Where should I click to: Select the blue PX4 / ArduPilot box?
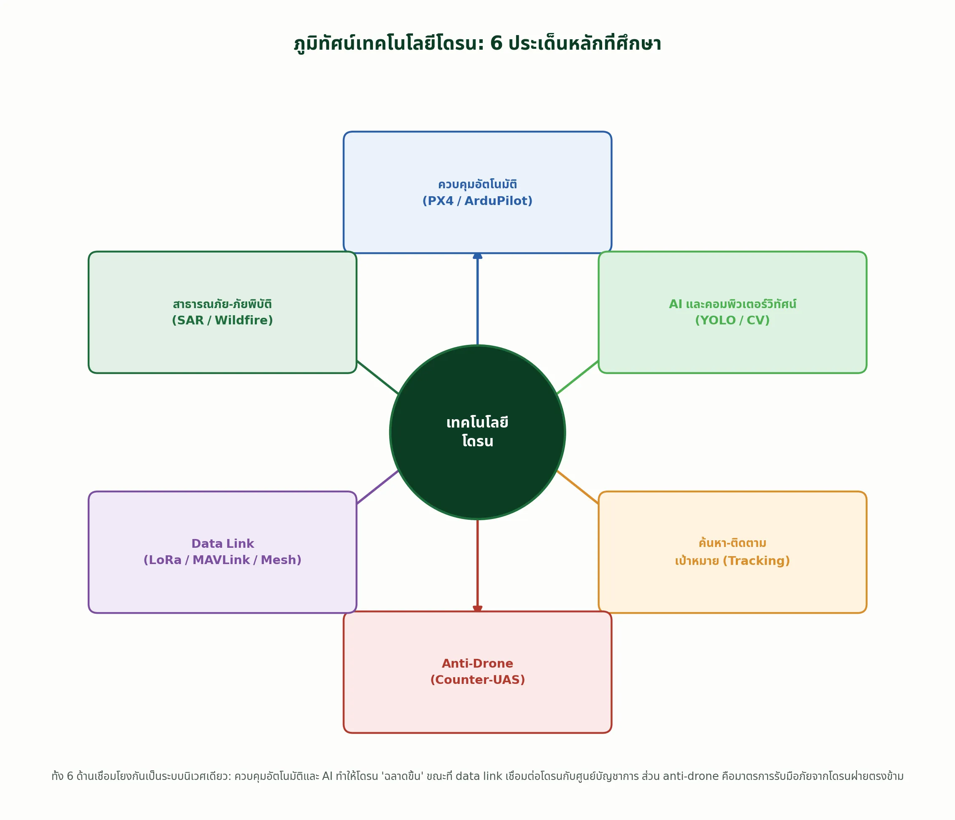pos(478,192)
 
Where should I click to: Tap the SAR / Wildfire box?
pos(223,312)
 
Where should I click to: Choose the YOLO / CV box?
pos(732,312)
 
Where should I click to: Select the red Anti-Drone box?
pos(478,672)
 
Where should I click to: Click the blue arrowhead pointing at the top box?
pos(478,256)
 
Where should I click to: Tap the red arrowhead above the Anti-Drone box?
pos(478,609)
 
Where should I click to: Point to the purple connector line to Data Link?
pos(378,487)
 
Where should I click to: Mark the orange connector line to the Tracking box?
pos(578,487)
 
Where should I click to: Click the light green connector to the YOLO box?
pos(578,377)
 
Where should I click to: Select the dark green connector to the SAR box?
pos(378,377)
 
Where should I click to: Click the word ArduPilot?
pos(498,201)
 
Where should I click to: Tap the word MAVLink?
pos(221,560)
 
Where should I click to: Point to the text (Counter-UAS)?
pos(478,680)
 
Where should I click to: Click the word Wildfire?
pos(244,320)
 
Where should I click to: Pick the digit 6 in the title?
pos(496,44)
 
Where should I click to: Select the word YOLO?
pos(715,320)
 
